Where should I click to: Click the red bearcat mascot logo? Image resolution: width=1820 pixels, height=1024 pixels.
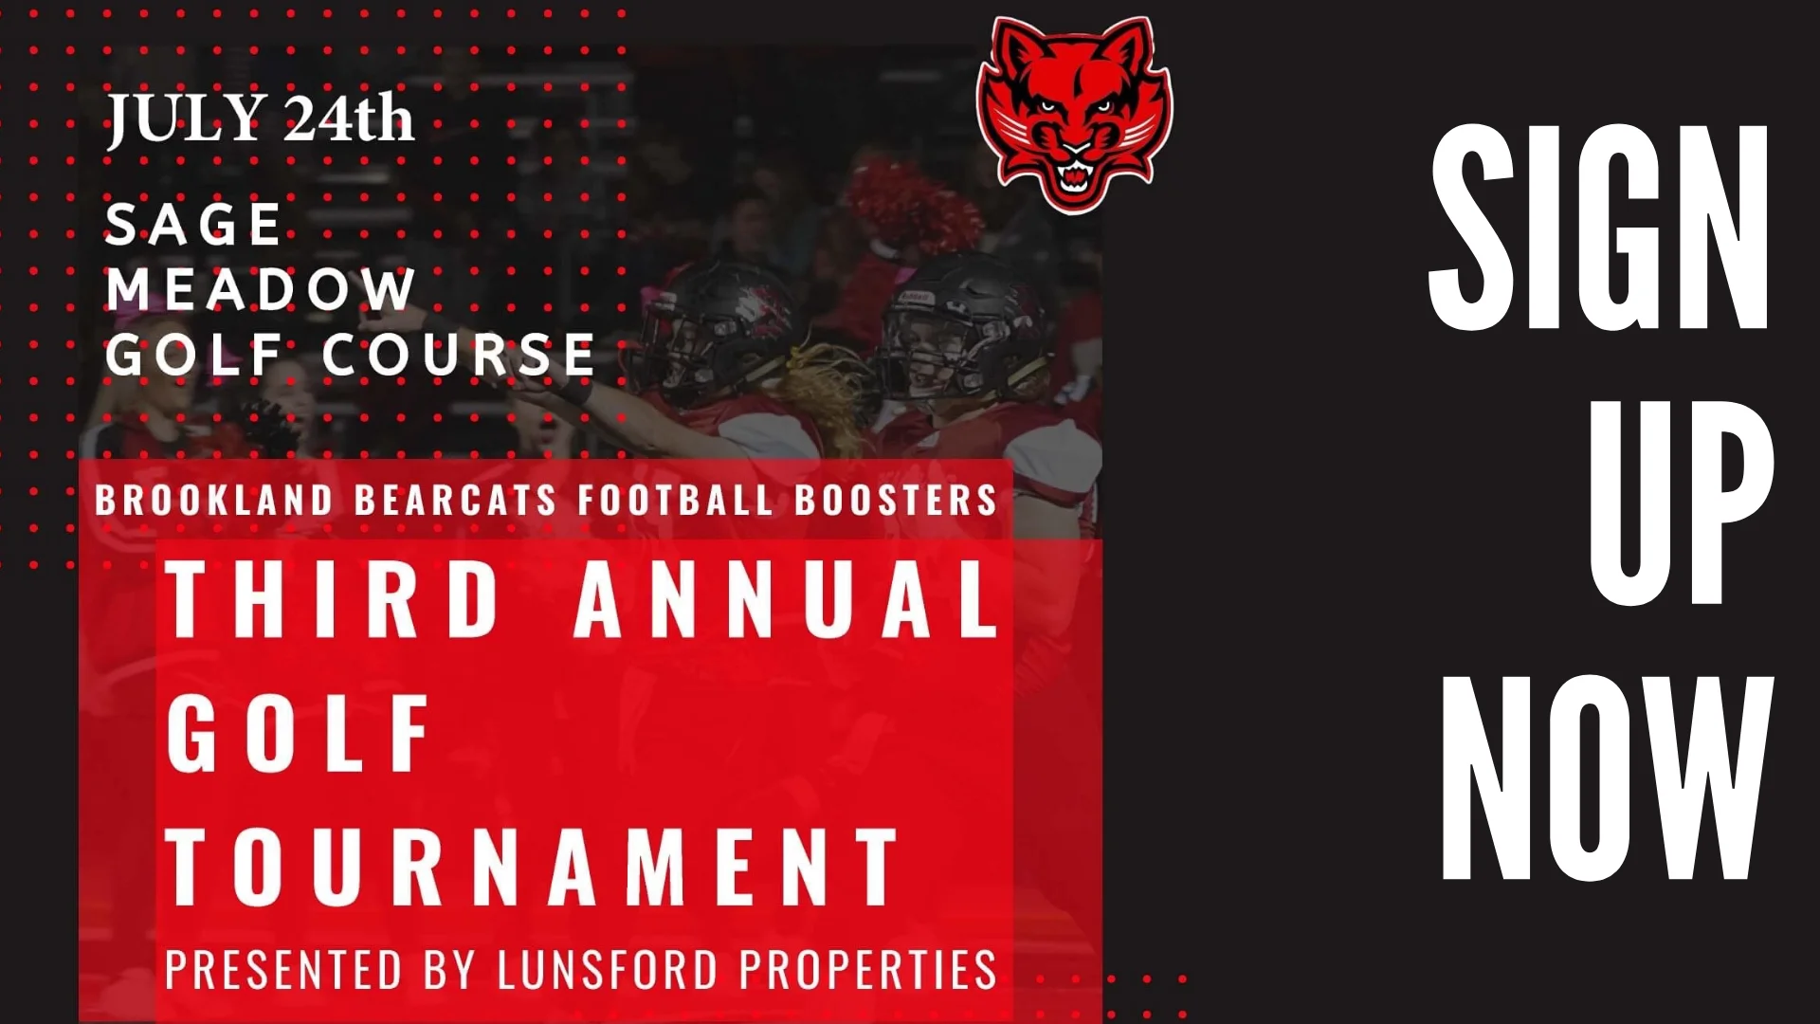click(x=1074, y=114)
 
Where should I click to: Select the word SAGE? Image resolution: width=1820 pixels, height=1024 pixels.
click(x=193, y=224)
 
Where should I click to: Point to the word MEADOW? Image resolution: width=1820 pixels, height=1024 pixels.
click(x=261, y=288)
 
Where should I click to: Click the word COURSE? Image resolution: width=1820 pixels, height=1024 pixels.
click(x=459, y=355)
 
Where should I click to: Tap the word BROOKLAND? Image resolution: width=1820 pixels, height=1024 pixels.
click(x=214, y=500)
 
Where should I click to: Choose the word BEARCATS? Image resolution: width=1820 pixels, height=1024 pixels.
click(x=455, y=500)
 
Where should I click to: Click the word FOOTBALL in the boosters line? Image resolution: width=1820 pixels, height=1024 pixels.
click(x=675, y=500)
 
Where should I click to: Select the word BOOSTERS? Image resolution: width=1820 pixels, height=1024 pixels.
click(x=896, y=500)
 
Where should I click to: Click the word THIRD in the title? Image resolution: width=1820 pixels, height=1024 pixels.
click(x=333, y=598)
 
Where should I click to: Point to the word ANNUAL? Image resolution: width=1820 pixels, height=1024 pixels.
click(x=787, y=598)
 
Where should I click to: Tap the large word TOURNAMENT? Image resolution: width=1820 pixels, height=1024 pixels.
click(x=532, y=867)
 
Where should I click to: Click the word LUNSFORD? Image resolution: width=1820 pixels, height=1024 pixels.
click(x=608, y=969)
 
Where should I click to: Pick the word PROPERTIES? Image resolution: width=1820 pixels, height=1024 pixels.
click(x=868, y=969)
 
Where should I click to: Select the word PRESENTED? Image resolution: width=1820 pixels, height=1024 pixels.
click(x=283, y=969)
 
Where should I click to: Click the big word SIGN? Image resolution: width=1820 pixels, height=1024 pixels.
click(x=1599, y=228)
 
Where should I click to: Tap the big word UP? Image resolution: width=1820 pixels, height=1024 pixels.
click(x=1682, y=503)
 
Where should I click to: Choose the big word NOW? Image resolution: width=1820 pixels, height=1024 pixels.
click(x=1608, y=777)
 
